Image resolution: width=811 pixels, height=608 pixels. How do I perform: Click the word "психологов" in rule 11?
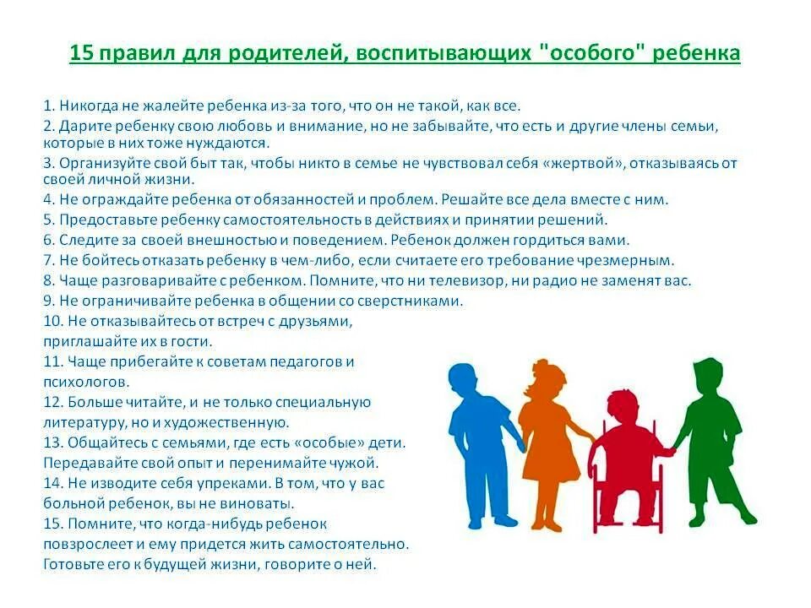pos(85,382)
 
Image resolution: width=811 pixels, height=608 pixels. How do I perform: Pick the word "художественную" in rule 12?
pos(240,422)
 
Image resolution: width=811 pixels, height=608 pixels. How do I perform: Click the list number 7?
pos(48,260)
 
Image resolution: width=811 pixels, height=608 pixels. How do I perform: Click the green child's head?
pos(708,372)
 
